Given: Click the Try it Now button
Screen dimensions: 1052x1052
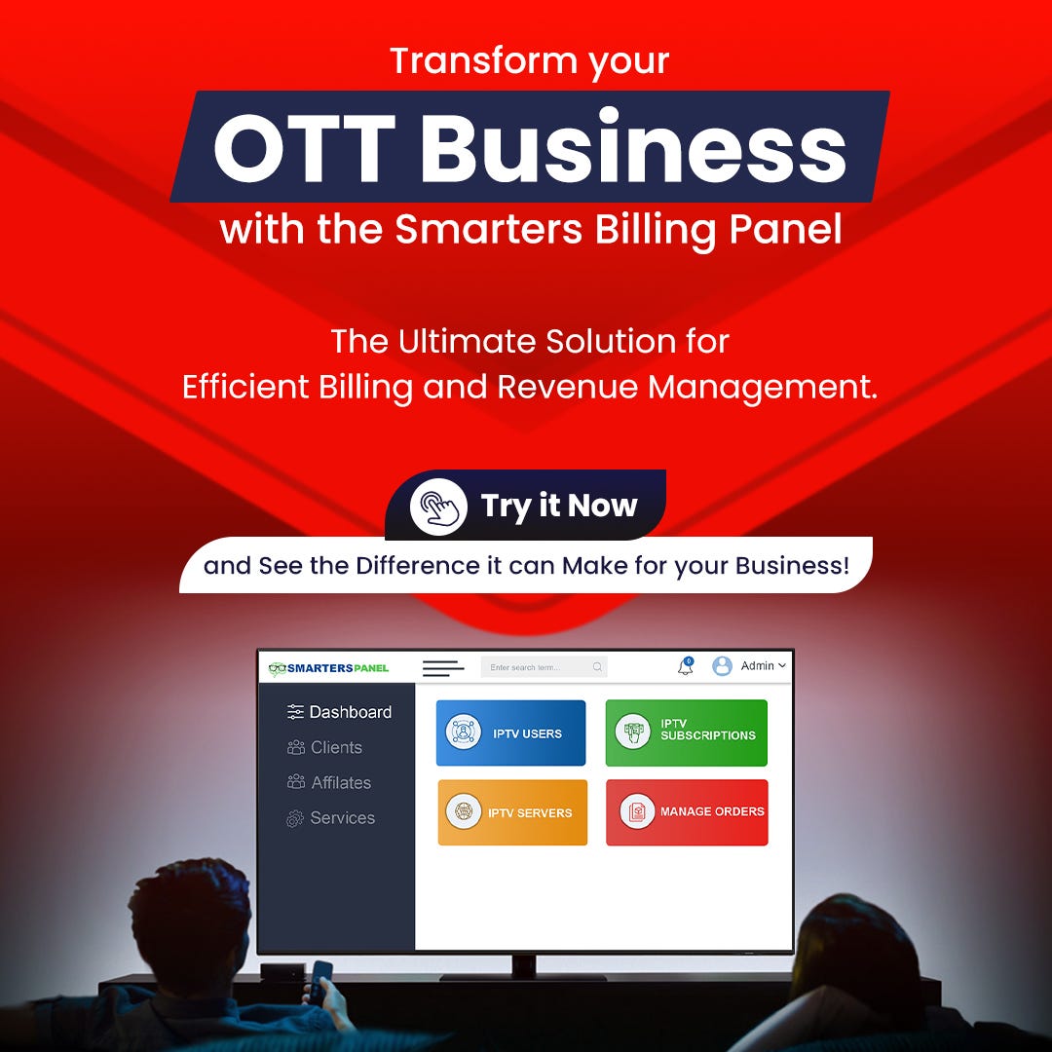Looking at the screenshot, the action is (x=525, y=506).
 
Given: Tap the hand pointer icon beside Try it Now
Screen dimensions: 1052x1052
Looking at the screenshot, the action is (x=438, y=507).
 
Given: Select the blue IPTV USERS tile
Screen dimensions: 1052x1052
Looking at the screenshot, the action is (x=510, y=733).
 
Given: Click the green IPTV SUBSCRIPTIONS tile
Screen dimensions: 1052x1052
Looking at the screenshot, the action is (x=687, y=733).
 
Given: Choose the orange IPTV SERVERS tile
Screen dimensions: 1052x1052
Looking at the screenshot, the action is (x=512, y=811).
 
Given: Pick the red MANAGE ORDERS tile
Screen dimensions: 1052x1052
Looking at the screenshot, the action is (x=687, y=811).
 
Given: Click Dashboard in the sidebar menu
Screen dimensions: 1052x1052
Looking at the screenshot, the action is (x=340, y=712).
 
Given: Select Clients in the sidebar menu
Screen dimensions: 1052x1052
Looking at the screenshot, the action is (x=324, y=747).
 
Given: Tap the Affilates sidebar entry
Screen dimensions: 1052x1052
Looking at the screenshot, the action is (x=329, y=782).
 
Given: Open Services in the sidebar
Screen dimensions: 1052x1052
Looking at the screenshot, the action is (x=331, y=818).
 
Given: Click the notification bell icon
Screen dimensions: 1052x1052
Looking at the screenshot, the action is (x=685, y=666).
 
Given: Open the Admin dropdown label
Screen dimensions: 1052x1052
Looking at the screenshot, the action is (x=763, y=665).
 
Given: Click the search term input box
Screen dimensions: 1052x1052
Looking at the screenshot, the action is (x=545, y=667).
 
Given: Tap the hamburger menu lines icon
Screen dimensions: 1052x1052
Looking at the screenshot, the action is (x=443, y=668).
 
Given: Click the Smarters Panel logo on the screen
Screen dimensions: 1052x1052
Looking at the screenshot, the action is (x=329, y=668).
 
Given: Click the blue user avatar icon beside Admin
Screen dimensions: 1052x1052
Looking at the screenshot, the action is (x=722, y=665).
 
